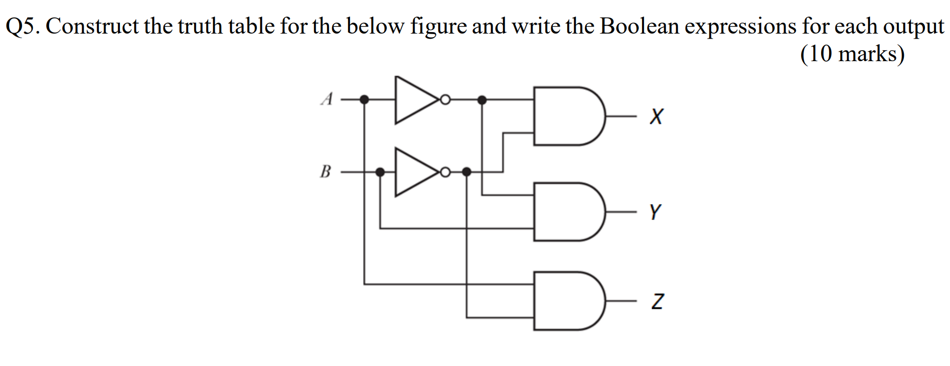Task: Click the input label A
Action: tap(327, 99)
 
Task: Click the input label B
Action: tap(326, 171)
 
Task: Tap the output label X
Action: tap(656, 116)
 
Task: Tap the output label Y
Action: tap(655, 212)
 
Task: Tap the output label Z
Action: tap(657, 301)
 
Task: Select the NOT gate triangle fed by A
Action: tap(414, 100)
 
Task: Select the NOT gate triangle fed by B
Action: tap(414, 172)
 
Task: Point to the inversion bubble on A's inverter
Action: tap(444, 100)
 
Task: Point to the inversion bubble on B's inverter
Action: tap(444, 172)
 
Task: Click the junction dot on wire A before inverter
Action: tap(365, 100)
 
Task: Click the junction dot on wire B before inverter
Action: tap(380, 172)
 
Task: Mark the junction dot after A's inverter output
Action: tap(482, 100)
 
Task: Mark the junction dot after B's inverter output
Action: tap(466, 172)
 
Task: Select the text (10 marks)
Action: tap(852, 54)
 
